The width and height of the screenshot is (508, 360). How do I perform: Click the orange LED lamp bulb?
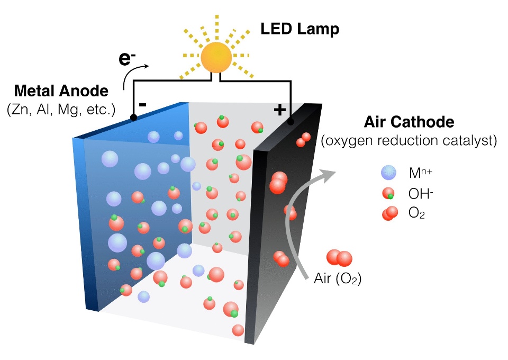216,57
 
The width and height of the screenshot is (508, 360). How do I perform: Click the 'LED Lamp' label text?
300,29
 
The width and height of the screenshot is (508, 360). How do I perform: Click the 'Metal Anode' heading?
62,91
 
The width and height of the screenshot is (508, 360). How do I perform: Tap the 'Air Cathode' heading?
409,123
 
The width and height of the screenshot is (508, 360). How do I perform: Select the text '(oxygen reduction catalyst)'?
409,141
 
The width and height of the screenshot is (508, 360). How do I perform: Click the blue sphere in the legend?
388,173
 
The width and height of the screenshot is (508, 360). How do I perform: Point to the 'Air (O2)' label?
338,280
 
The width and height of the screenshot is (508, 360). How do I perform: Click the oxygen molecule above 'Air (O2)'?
339,258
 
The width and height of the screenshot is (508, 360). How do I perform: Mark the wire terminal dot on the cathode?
290,122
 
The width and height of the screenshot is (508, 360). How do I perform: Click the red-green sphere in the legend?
388,194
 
